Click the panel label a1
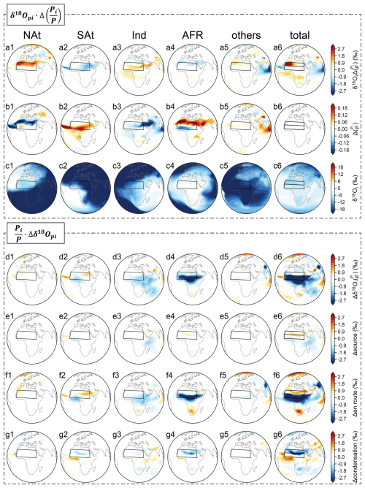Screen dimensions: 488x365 coord(9,47)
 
